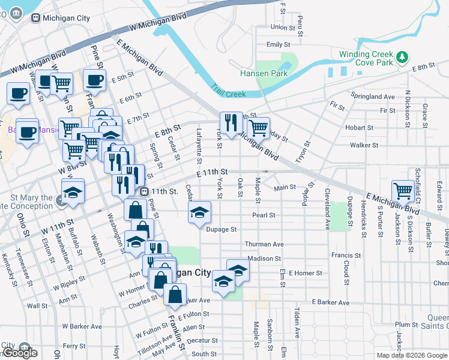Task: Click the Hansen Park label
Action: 264,73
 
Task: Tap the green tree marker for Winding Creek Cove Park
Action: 403,58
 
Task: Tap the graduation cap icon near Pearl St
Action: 200,212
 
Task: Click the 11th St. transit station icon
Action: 144,191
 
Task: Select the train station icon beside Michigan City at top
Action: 36,18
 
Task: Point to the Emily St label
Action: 278,44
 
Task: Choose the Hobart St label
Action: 360,127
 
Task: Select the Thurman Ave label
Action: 264,244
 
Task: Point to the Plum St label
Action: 406,324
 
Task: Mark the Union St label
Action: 283,27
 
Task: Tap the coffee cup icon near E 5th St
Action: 94,79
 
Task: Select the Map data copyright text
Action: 412,355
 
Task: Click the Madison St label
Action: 264,259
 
